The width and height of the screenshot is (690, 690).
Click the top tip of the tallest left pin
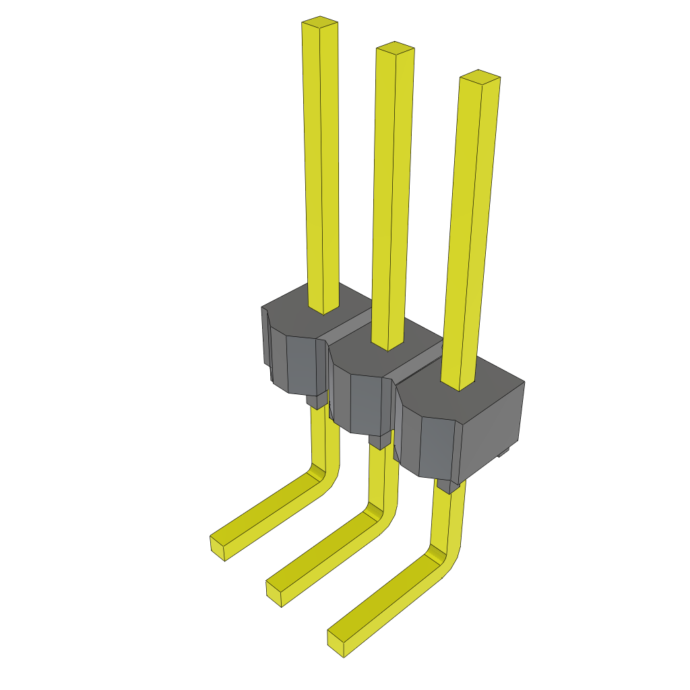coord(319,22)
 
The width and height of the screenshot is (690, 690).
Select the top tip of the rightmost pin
coord(479,75)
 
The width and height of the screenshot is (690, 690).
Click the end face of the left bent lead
coord(218,546)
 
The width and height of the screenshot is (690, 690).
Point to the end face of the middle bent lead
coord(274,593)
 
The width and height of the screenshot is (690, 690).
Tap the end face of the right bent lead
coord(336,644)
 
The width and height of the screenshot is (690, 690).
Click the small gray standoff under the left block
coord(315,402)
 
